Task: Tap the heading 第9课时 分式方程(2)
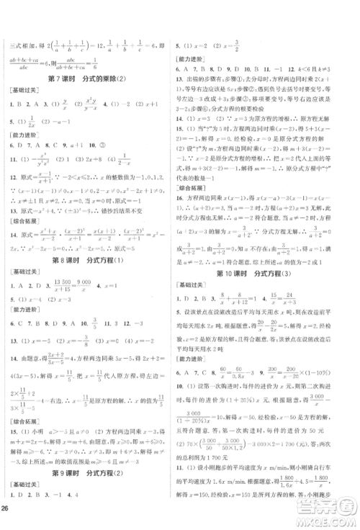pos(90,495)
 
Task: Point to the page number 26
pos(10,524)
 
